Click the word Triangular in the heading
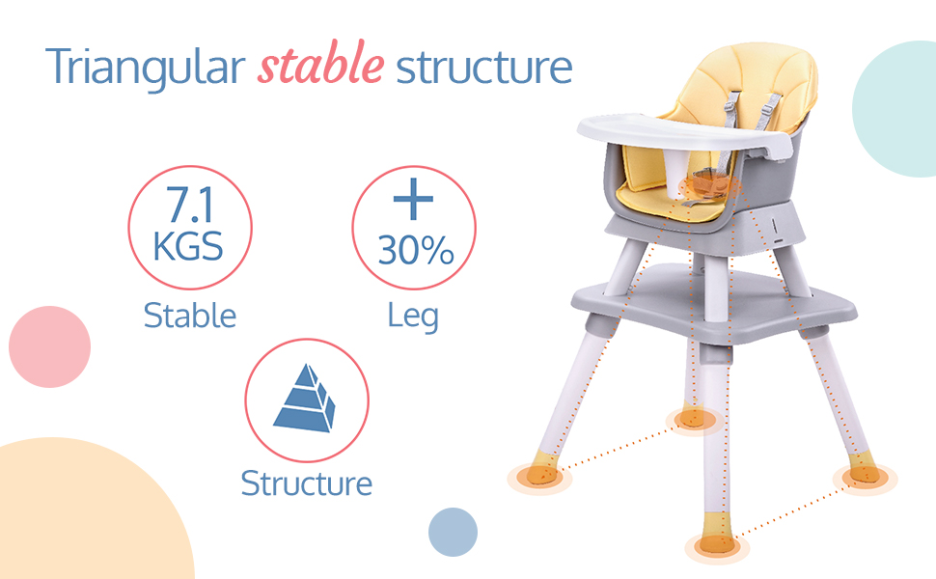pyautogui.click(x=145, y=68)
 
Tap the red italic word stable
pyautogui.click(x=320, y=63)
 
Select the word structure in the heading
pyautogui.click(x=484, y=67)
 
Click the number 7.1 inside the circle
pyautogui.click(x=189, y=205)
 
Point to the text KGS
pyautogui.click(x=188, y=246)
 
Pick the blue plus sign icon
pyautogui.click(x=413, y=199)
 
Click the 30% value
pyautogui.click(x=416, y=250)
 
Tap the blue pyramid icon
pyautogui.click(x=304, y=398)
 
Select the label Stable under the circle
pyautogui.click(x=190, y=316)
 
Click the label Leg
pyautogui.click(x=413, y=317)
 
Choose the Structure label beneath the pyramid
pyautogui.click(x=306, y=482)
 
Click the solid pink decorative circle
pyautogui.click(x=49, y=346)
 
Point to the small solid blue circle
pyautogui.click(x=454, y=532)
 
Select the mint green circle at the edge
pyautogui.click(x=895, y=109)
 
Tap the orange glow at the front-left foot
pyautogui.click(x=539, y=477)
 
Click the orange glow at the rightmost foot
pyautogui.click(x=865, y=477)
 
